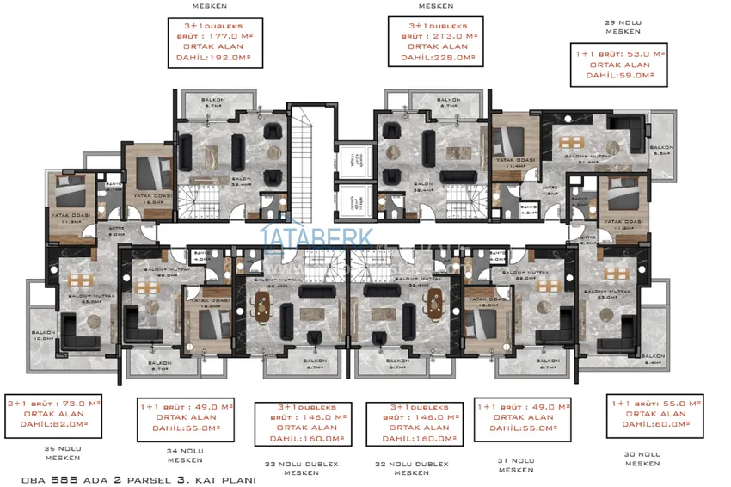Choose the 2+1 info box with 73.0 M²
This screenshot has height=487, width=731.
[53, 413]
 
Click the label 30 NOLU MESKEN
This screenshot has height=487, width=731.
[643, 458]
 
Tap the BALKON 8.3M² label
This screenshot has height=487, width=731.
[661, 151]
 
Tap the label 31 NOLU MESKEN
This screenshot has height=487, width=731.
[515, 465]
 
